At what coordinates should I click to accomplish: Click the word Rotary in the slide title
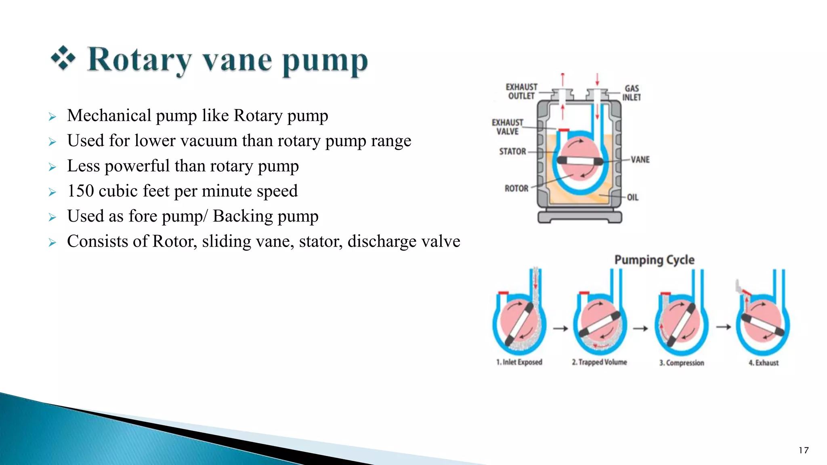click(139, 61)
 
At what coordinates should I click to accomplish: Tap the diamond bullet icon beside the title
click(63, 58)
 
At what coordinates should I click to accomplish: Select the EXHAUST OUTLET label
click(521, 92)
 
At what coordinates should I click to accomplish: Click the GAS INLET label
click(632, 93)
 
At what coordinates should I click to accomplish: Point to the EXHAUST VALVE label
click(507, 127)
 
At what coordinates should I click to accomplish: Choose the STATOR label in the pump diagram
click(512, 151)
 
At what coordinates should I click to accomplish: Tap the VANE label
click(640, 159)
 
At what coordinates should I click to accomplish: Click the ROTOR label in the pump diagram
click(516, 189)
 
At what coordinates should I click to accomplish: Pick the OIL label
click(632, 197)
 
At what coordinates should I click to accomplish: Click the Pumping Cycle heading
click(654, 260)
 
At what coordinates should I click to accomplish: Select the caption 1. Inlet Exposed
click(519, 362)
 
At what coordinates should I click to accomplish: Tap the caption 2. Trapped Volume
click(599, 362)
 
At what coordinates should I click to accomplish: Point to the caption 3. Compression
click(682, 363)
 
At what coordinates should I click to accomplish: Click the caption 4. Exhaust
click(763, 363)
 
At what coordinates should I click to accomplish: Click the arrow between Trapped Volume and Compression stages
click(640, 329)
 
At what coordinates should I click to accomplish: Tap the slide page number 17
click(804, 450)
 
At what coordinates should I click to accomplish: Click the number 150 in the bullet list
click(80, 191)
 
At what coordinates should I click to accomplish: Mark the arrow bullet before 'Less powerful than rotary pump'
click(52, 167)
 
